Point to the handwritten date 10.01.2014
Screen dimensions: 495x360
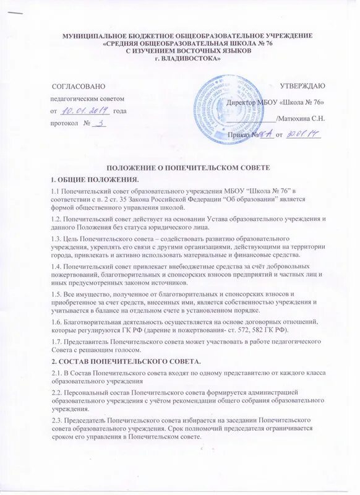84,110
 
